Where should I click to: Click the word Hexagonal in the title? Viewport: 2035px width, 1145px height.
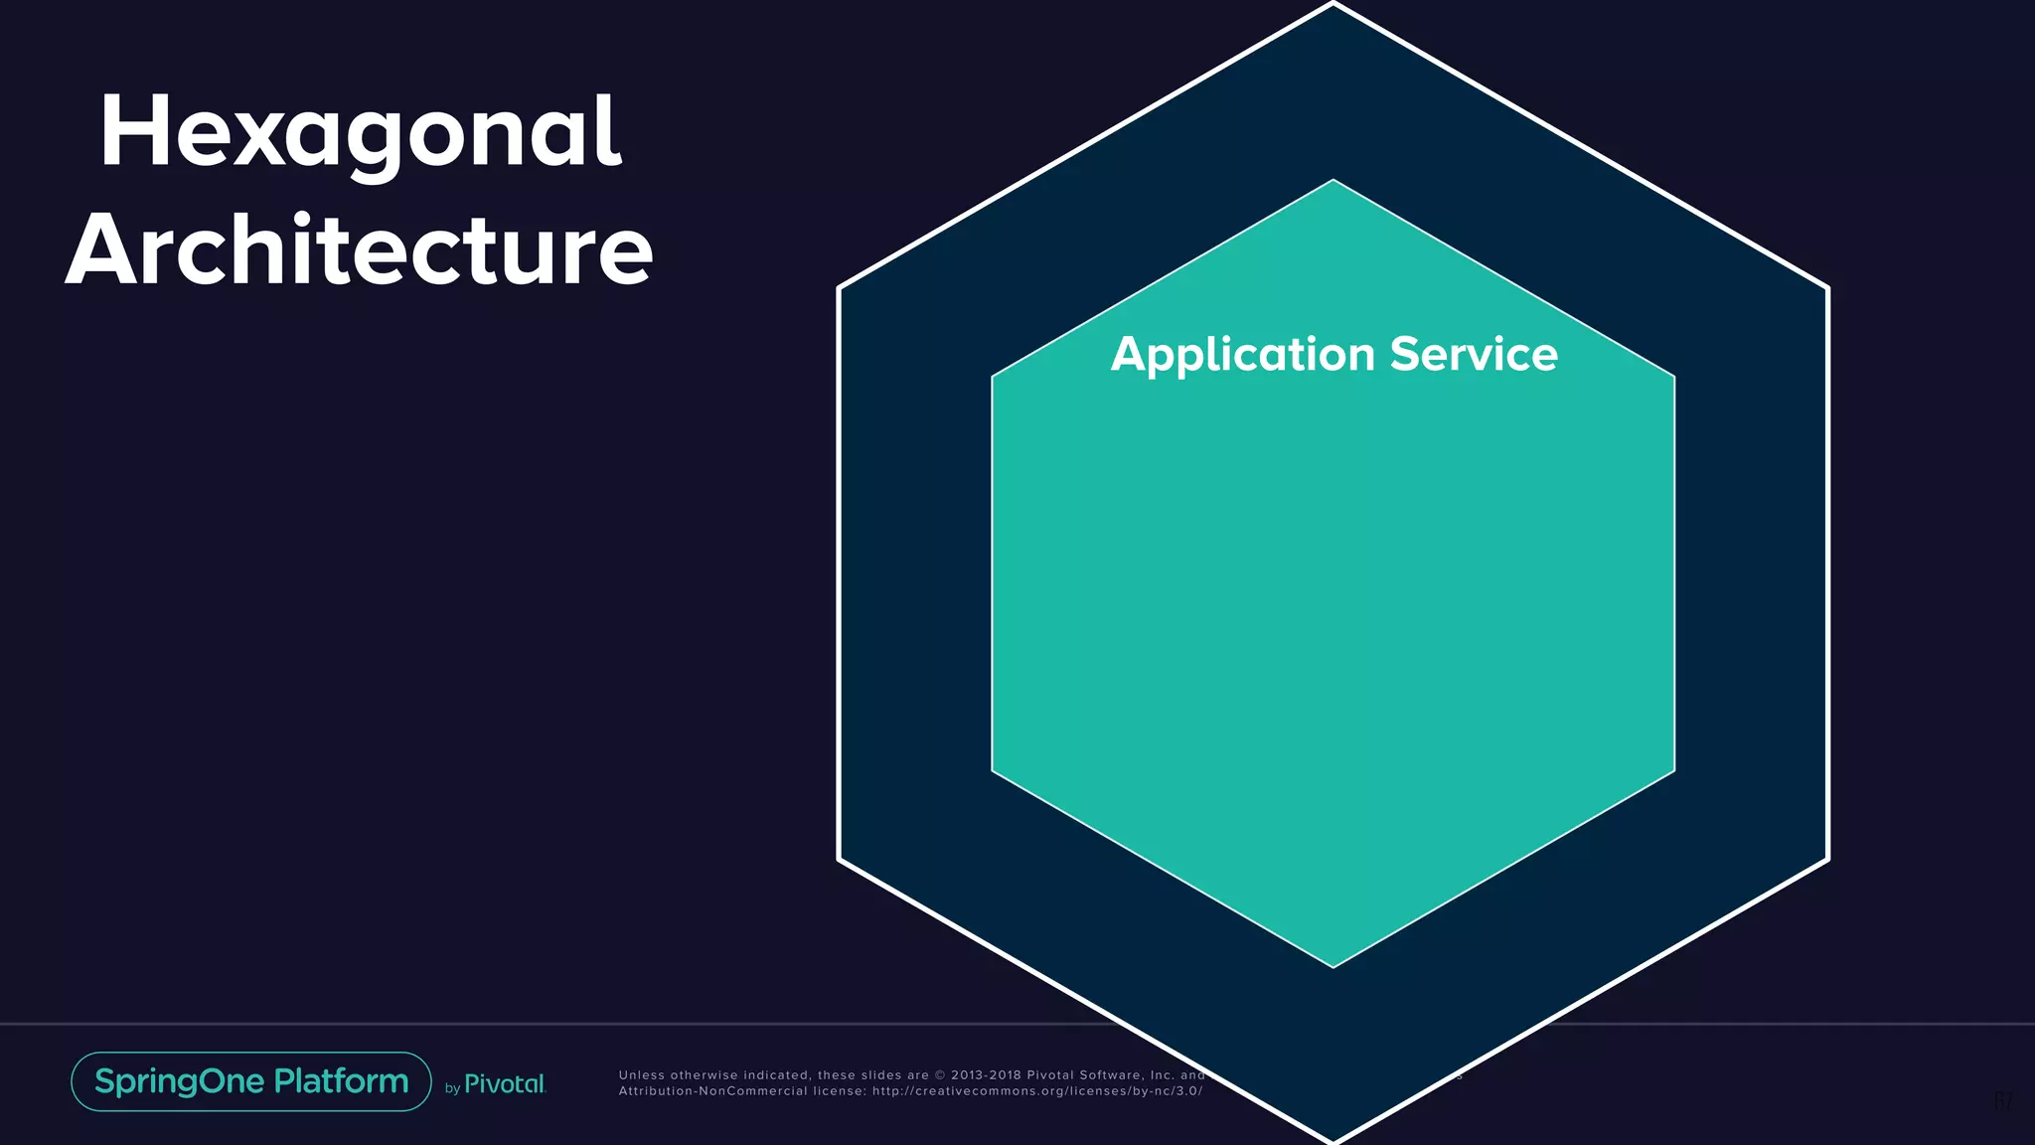[360, 133]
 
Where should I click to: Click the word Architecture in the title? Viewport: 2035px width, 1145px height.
[359, 250]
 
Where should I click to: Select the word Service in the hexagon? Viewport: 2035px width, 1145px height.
[1474, 354]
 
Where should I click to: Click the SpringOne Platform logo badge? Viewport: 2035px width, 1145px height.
[251, 1081]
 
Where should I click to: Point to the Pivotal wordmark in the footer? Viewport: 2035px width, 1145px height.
[505, 1084]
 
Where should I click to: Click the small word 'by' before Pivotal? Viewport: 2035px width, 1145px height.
[452, 1088]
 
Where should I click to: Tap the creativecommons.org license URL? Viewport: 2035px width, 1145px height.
[1037, 1091]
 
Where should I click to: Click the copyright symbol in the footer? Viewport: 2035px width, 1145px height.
[940, 1074]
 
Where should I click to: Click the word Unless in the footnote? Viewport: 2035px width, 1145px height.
[641, 1074]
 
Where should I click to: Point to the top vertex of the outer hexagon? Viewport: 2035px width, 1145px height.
[1333, 4]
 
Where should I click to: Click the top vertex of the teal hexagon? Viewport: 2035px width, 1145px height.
[1333, 181]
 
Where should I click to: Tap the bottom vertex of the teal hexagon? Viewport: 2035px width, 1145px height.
[1333, 966]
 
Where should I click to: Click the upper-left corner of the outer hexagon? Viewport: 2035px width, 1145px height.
[841, 288]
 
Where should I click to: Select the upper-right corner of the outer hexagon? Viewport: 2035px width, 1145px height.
[1826, 288]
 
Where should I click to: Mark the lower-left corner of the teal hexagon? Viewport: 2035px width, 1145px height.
[993, 770]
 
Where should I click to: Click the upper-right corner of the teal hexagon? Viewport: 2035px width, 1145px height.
[1674, 377]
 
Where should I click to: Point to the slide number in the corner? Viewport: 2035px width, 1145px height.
[2003, 1101]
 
